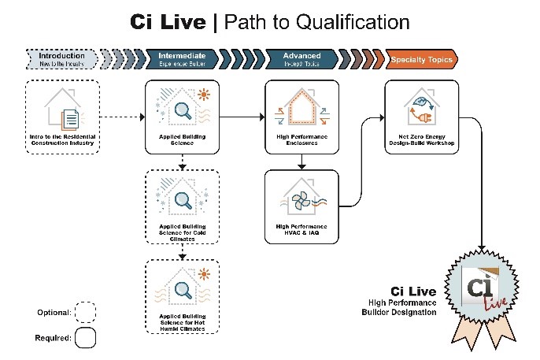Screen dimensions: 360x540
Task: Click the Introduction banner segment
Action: point(61,59)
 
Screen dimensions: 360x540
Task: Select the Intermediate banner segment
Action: point(182,59)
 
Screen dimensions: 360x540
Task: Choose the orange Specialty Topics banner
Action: point(423,59)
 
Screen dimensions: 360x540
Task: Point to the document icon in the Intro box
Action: point(71,117)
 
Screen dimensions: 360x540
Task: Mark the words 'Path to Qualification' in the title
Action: point(316,21)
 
